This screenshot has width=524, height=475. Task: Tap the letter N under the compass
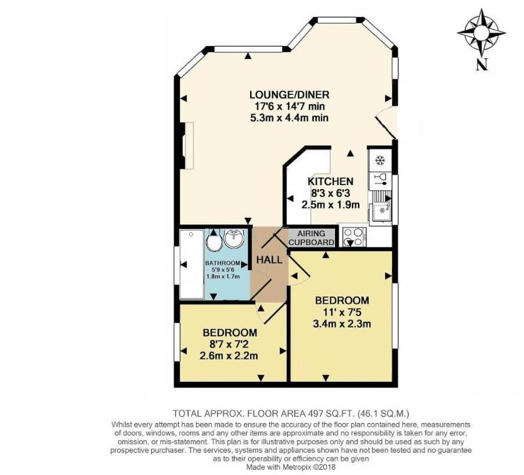481,65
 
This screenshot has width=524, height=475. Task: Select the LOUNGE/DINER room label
289,95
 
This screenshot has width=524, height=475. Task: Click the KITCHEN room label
330,181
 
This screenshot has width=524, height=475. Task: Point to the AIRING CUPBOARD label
312,238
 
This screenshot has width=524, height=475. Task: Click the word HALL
271,260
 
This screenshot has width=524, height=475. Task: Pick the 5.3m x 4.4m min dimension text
289,118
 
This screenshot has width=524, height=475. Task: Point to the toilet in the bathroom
213,242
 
